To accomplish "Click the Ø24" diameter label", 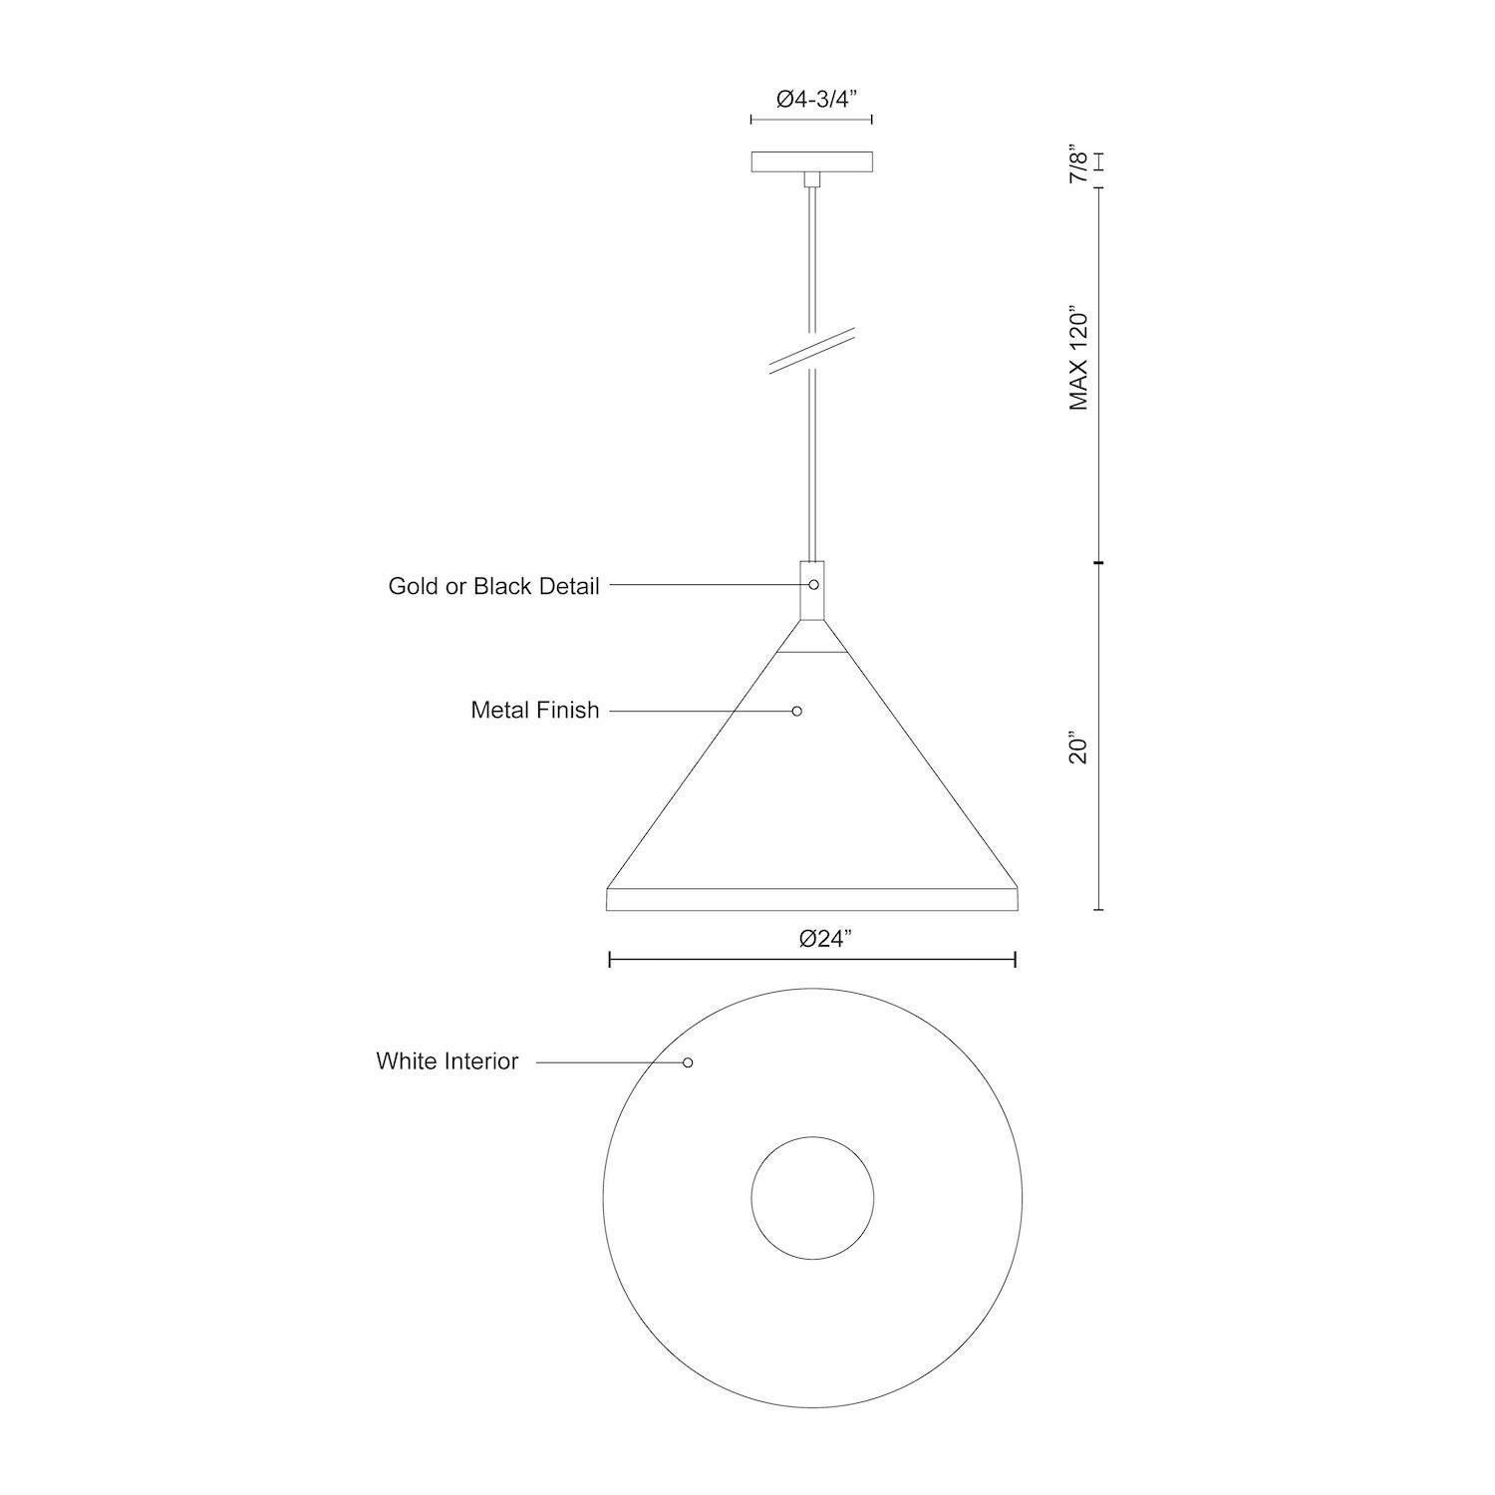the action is [x=826, y=939].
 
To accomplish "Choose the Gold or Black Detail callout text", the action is [x=493, y=586].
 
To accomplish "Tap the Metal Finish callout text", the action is [x=535, y=711].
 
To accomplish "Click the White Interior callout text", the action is [x=448, y=1061].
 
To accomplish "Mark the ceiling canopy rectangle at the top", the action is [x=811, y=161].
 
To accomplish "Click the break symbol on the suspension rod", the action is [x=811, y=351].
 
